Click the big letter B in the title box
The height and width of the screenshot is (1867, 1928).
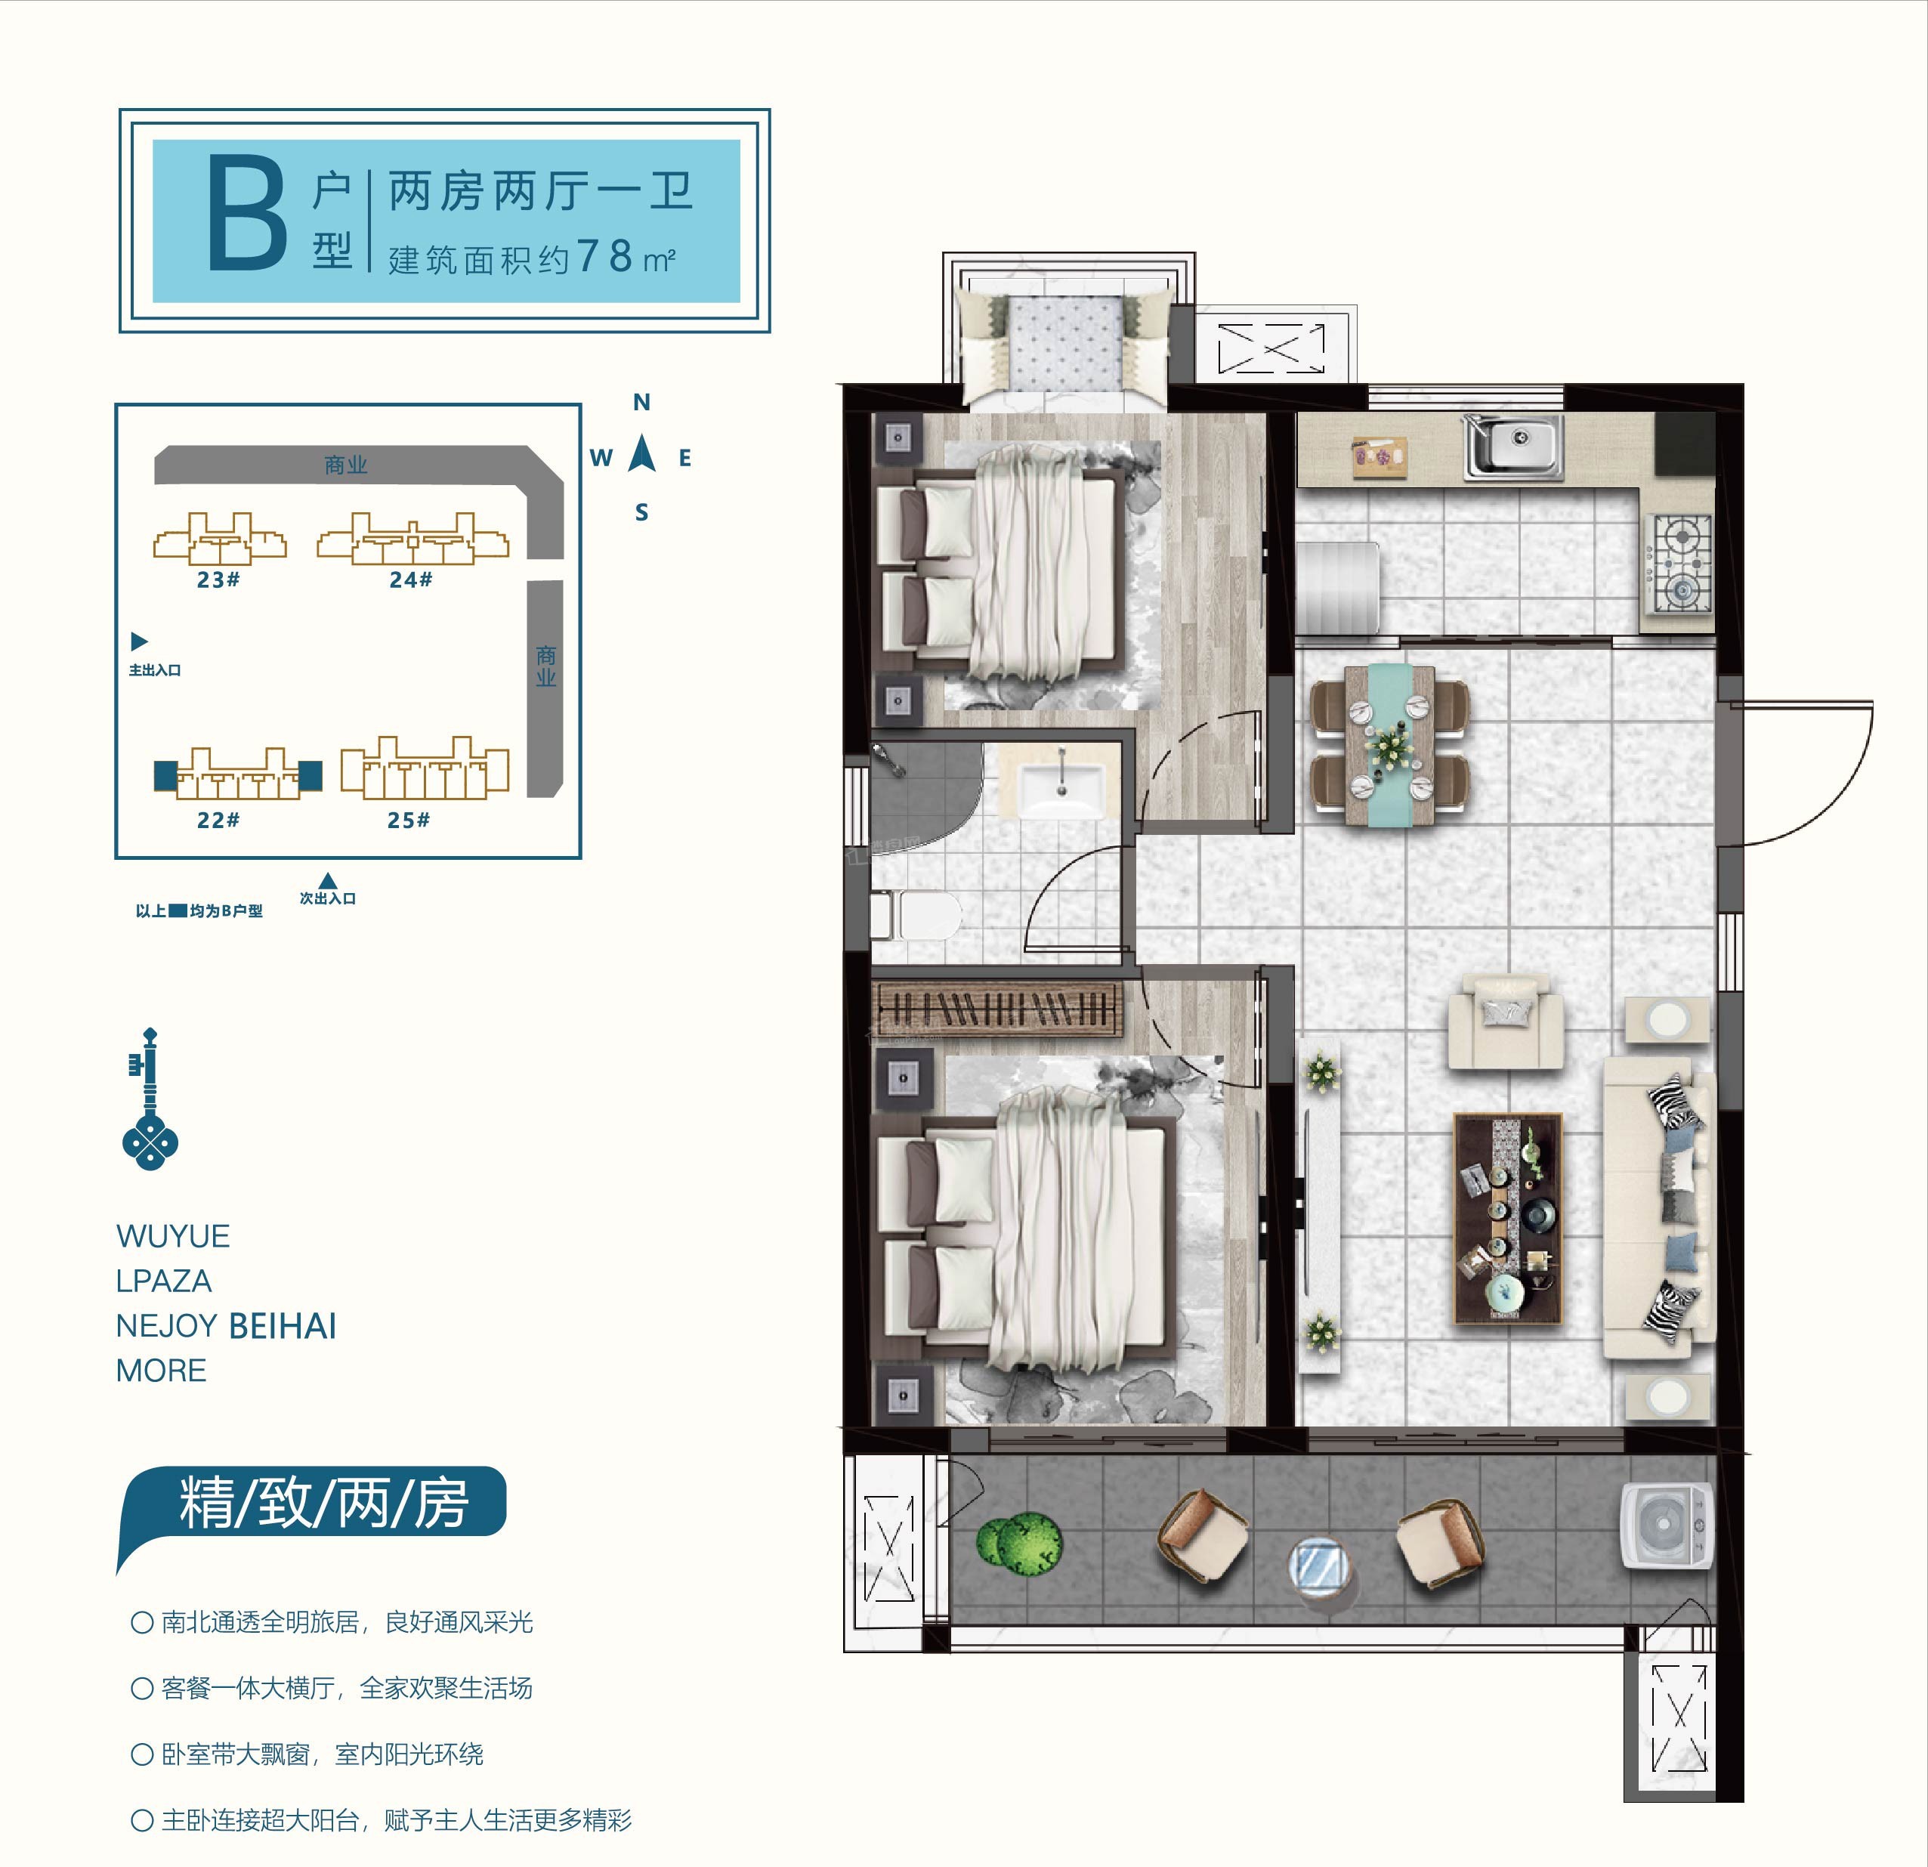point(247,218)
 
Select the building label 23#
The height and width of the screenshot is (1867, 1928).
point(218,580)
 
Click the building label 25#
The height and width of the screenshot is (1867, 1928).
point(408,819)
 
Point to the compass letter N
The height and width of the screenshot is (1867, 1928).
point(641,401)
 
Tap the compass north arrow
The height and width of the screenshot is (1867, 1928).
point(642,453)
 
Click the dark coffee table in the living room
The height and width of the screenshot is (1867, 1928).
point(1508,1218)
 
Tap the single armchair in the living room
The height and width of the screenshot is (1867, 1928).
point(1505,1021)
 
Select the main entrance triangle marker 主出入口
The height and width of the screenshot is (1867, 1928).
point(139,641)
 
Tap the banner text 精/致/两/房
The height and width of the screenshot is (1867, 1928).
point(323,1503)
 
